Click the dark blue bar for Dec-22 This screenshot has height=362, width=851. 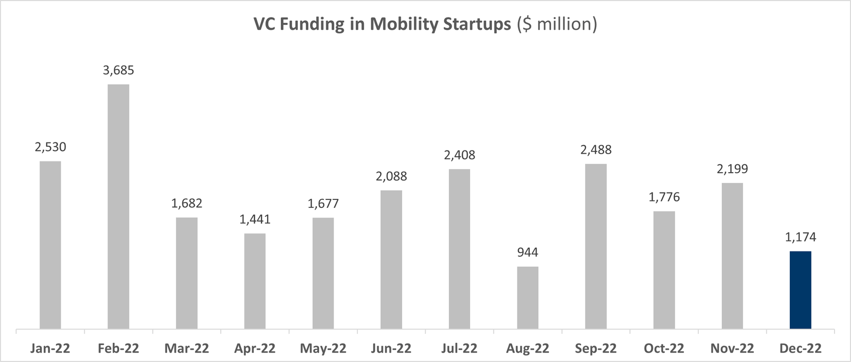(800, 290)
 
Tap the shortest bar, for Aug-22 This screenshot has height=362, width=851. (527, 297)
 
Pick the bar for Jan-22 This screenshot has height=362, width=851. (50, 245)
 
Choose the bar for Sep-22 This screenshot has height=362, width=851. (595, 246)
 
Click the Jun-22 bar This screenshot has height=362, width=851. (391, 259)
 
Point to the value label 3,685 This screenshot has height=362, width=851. (118, 70)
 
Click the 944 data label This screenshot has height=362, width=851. (527, 252)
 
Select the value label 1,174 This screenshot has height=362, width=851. (800, 237)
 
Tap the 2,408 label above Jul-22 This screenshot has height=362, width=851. (459, 155)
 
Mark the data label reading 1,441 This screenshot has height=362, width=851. (255, 220)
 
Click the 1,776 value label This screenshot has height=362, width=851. (664, 197)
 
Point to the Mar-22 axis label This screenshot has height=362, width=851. (187, 349)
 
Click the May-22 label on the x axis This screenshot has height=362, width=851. (323, 349)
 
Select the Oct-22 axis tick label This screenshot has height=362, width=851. (664, 349)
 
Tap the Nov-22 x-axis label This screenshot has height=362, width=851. (732, 349)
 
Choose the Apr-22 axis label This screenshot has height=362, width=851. (255, 349)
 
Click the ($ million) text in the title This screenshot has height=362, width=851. (557, 24)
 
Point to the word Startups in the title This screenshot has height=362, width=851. (477, 24)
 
